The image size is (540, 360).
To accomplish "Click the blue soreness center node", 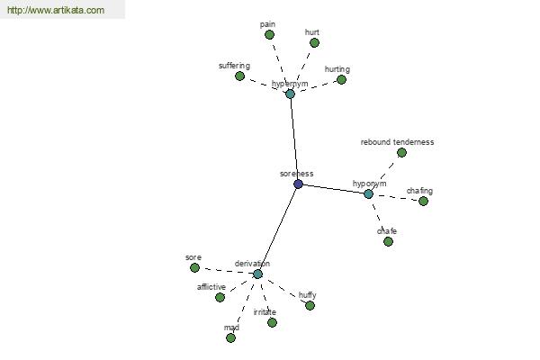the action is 298,184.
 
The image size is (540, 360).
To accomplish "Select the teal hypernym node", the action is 291,94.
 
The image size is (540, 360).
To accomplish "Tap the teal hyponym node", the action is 368,194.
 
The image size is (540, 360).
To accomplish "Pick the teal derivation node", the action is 257,274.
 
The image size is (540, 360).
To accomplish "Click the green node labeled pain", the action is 269,34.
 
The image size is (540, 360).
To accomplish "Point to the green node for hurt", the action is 314,42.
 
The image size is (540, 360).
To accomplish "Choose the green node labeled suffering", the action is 239,76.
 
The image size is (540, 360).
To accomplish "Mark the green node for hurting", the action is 341,79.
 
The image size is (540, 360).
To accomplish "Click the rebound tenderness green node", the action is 401,152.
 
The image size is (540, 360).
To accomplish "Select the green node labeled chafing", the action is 423,201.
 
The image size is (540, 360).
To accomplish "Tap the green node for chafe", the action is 388,241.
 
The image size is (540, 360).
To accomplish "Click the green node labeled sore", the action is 194,267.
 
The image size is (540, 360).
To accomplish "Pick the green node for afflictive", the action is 220,297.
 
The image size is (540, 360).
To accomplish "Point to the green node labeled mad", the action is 230,337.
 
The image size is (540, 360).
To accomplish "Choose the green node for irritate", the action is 272,322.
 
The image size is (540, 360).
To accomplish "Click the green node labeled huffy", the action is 310,305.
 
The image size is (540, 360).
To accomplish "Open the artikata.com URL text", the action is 56,10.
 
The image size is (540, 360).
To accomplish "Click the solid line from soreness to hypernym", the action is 294,139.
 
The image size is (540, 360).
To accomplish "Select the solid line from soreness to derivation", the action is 278,229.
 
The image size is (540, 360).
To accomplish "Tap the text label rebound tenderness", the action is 397,142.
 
